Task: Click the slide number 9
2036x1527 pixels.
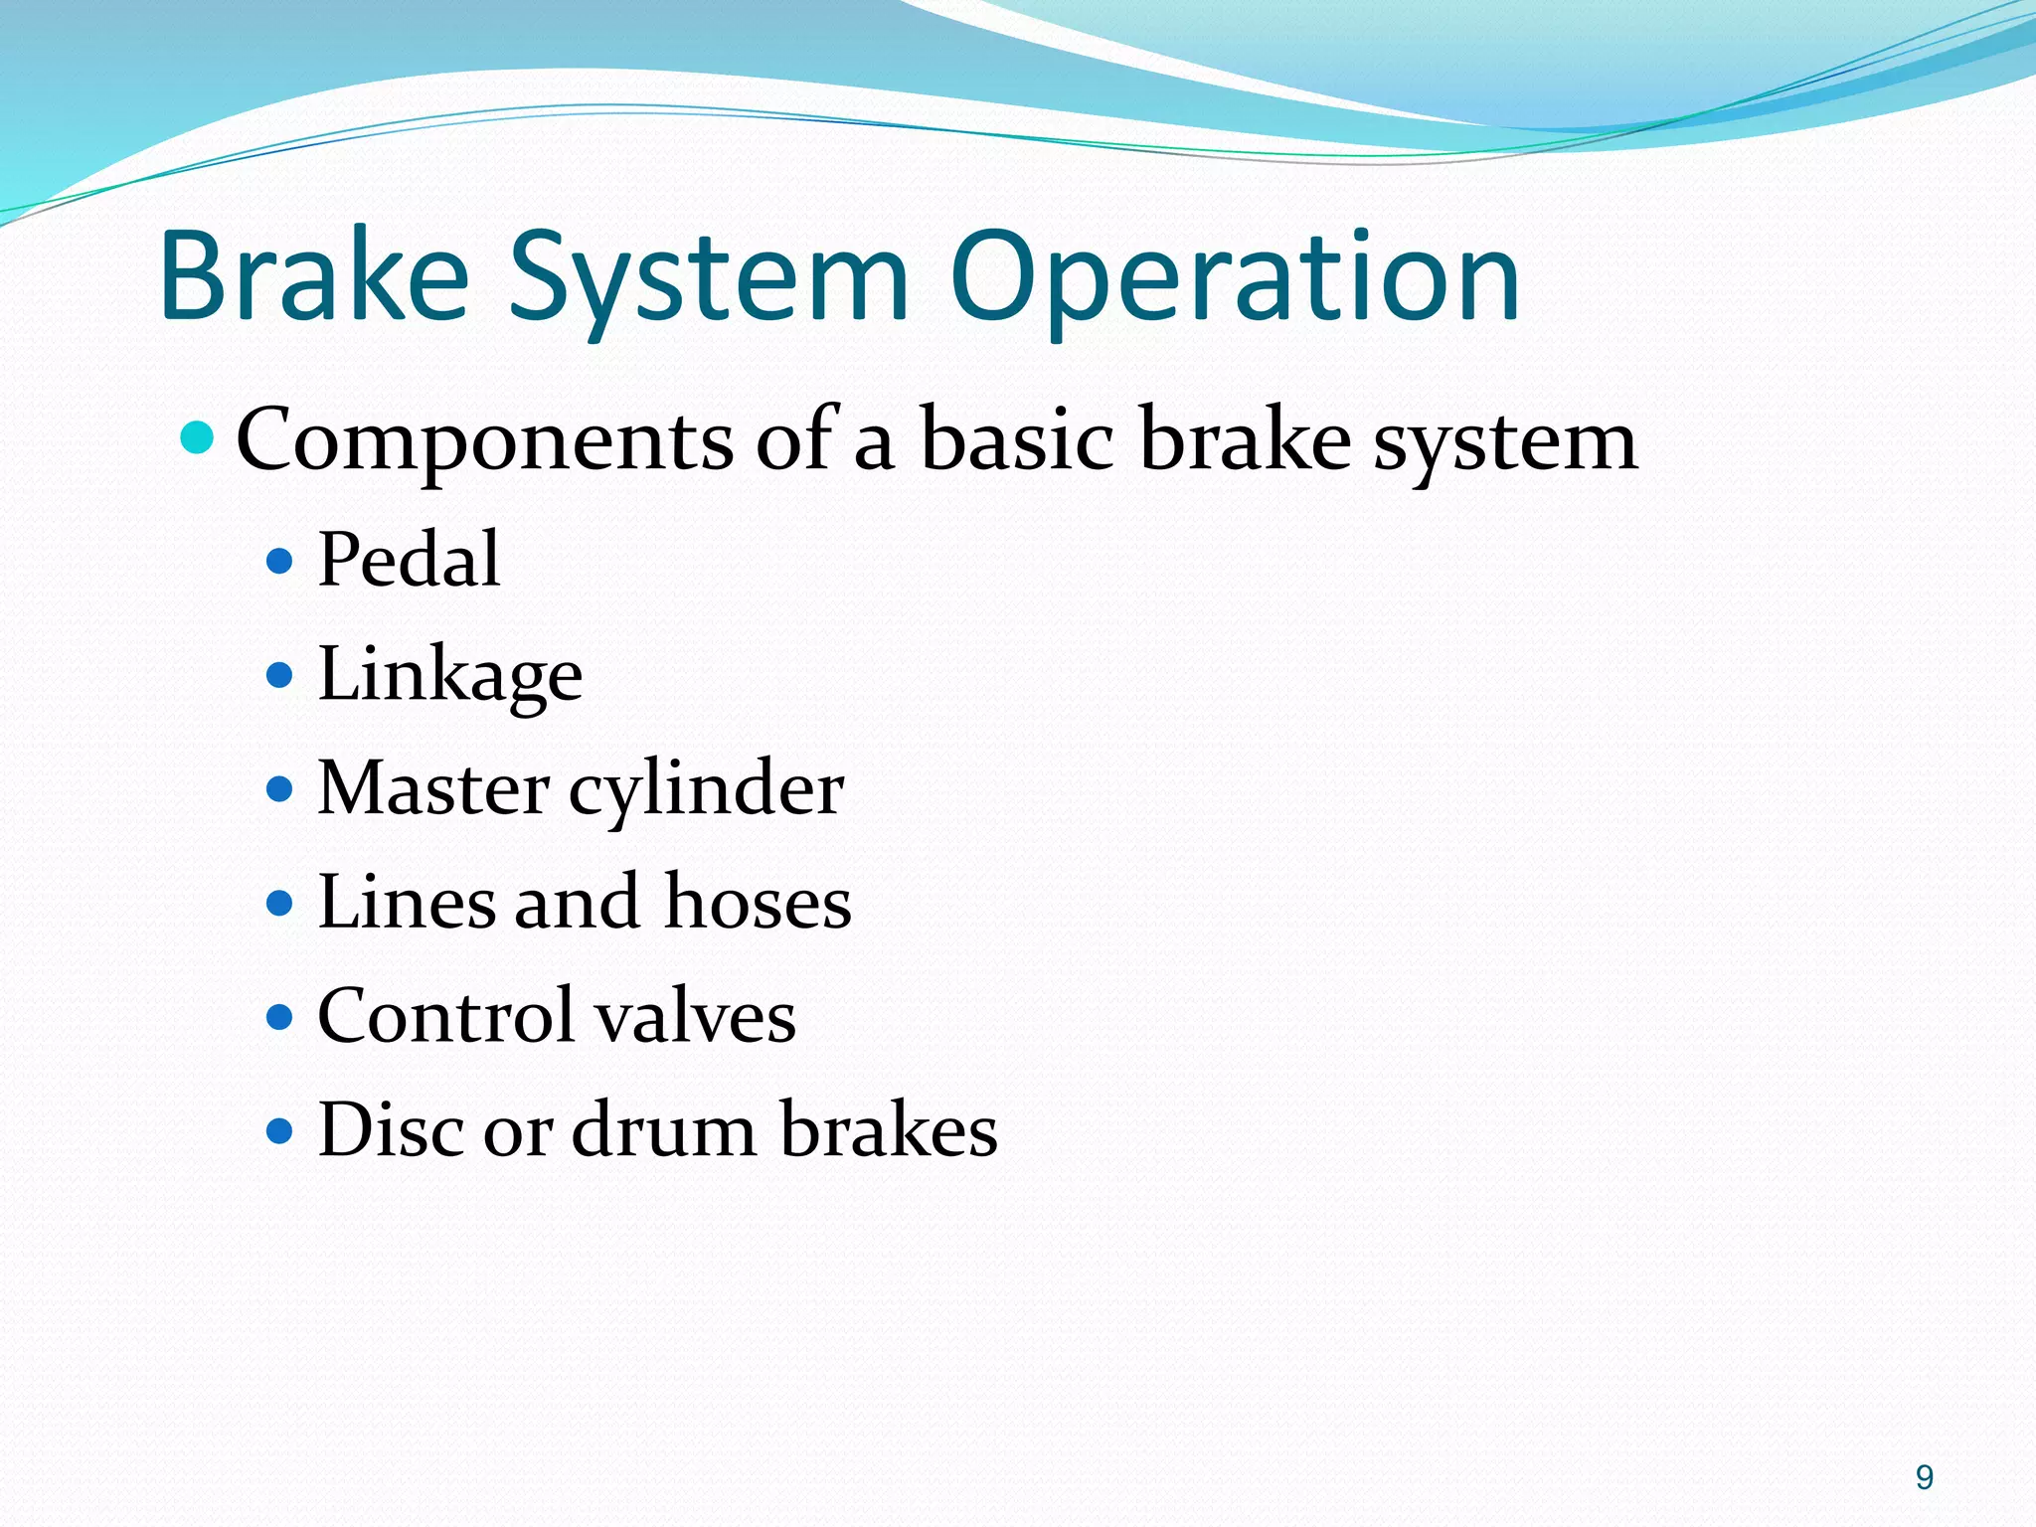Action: click(x=1925, y=1477)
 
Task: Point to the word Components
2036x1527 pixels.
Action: click(x=484, y=440)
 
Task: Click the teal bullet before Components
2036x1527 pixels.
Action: click(x=199, y=436)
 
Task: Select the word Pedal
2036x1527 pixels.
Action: click(x=409, y=560)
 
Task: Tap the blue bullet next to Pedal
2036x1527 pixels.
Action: click(x=280, y=562)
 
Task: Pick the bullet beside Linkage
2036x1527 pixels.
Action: click(x=280, y=676)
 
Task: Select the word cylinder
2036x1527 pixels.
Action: click(x=706, y=790)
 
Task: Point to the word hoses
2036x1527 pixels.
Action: click(x=758, y=903)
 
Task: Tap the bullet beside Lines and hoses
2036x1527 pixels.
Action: click(x=280, y=904)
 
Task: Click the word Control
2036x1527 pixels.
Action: click(x=444, y=1016)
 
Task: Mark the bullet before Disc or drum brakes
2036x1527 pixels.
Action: click(x=280, y=1131)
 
